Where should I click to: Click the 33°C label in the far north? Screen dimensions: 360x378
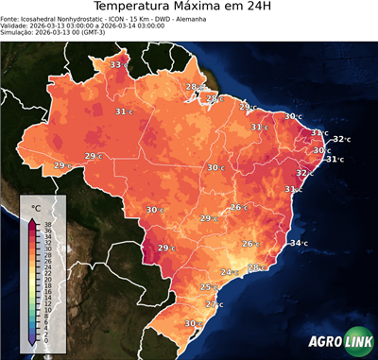pos(118,64)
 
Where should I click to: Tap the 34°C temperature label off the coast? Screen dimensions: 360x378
pos(298,244)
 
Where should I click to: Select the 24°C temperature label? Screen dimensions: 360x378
pos(229,272)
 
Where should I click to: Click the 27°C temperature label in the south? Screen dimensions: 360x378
pos(215,304)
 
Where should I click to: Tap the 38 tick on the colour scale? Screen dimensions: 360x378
pos(47,223)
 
